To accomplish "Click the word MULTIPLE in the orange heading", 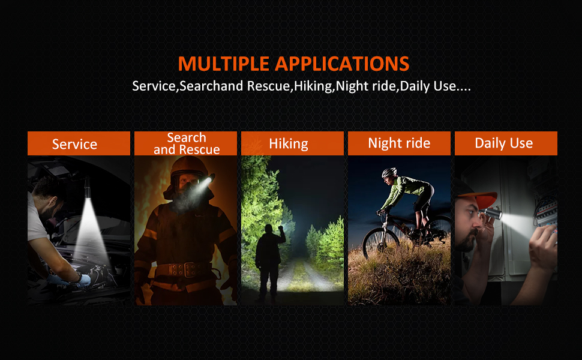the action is pyautogui.click(x=223, y=64).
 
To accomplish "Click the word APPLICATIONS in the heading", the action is pyautogui.click(x=342, y=64).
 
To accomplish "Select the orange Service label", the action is pyautogui.click(x=79, y=143).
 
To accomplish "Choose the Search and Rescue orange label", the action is pyautogui.click(x=185, y=143).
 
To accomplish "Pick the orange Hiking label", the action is pyautogui.click(x=292, y=143).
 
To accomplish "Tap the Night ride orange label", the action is pyautogui.click(x=399, y=143).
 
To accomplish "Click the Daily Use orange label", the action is pyautogui.click(x=506, y=143).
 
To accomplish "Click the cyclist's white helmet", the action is pyautogui.click(x=389, y=173).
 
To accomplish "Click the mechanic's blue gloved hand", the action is pyautogui.click(x=83, y=280).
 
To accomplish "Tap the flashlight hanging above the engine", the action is pyautogui.click(x=88, y=187).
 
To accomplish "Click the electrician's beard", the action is pyautogui.click(x=466, y=241).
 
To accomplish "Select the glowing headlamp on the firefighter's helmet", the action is pyautogui.click(x=208, y=180).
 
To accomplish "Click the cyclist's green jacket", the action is pyautogui.click(x=404, y=189).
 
